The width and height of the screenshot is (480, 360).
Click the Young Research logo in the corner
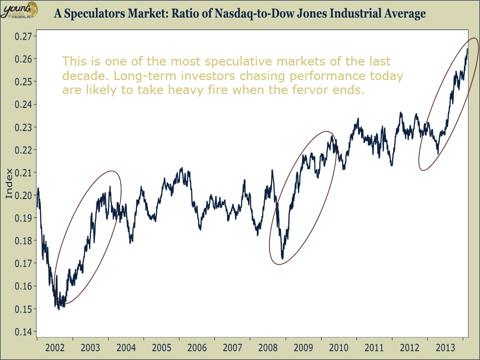18,9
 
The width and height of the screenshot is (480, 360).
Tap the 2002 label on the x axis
55,347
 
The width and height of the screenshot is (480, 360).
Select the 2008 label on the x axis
268,347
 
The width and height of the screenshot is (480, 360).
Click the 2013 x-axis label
445,347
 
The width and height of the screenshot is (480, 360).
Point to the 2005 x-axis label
161,347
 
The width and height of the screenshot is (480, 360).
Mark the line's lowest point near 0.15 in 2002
59,309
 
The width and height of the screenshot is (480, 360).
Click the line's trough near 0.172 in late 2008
282,258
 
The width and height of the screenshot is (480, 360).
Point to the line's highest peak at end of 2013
467,49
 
